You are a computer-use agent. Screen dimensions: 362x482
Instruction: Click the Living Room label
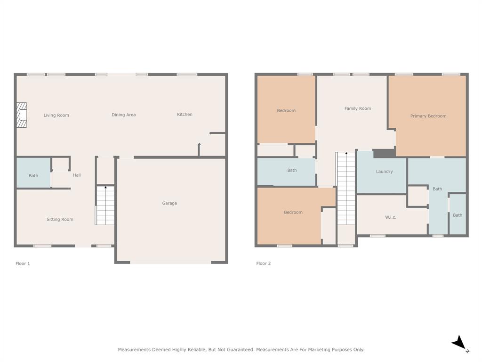56,115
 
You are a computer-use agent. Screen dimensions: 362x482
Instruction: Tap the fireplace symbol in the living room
22,115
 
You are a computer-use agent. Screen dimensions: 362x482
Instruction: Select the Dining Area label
124,115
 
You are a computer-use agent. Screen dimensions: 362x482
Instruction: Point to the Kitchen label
185,115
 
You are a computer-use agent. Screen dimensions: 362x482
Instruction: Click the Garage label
169,203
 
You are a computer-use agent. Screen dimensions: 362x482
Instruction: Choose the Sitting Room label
60,219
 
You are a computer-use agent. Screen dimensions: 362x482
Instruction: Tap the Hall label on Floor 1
77,175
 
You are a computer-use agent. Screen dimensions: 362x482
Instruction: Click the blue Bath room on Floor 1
33,173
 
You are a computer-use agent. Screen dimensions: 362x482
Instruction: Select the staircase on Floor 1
105,206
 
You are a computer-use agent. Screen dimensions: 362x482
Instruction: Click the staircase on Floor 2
346,189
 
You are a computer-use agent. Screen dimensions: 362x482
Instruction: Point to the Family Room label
358,108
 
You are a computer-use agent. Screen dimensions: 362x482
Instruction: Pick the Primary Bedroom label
428,116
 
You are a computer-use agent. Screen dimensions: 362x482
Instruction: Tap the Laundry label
384,172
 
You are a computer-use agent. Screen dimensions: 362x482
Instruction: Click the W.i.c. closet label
391,217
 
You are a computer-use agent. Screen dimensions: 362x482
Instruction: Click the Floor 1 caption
23,263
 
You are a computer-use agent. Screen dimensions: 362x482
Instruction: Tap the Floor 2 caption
264,263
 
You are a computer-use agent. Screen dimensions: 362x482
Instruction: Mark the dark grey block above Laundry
384,154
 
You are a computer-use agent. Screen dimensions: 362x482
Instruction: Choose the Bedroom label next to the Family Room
286,111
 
